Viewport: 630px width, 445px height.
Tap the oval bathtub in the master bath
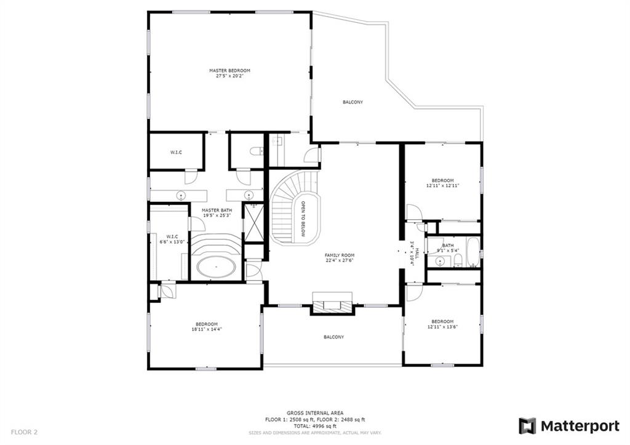tap(216, 267)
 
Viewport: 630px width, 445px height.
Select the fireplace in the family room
tap(333, 304)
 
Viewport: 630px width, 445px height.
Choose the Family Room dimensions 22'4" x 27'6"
tap(340, 260)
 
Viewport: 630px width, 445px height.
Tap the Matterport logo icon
tap(527, 426)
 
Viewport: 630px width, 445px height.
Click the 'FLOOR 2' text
tap(24, 433)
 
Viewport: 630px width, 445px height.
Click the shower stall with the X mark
tap(254, 223)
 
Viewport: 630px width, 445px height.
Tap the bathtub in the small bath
tap(473, 252)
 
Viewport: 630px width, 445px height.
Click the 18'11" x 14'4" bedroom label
tap(207, 327)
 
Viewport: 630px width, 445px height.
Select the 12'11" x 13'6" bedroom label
tap(442, 324)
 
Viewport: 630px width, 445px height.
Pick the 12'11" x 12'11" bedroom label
tap(442, 183)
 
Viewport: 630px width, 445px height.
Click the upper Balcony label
tap(353, 102)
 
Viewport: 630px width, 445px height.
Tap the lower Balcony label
tap(334, 337)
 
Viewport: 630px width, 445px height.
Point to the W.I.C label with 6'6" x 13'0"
tap(172, 239)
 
